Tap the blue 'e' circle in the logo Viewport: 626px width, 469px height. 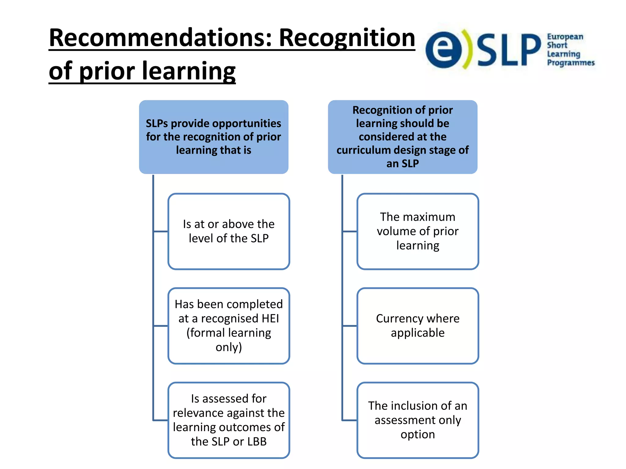(x=444, y=50)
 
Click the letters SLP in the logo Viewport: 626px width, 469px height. (x=508, y=50)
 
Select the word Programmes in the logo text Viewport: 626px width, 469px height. (x=571, y=63)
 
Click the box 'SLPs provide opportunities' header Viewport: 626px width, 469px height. (x=213, y=137)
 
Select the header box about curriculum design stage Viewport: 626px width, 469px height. (x=402, y=137)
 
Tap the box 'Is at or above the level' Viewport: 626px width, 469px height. (x=229, y=231)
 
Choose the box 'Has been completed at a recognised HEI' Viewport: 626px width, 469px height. (x=229, y=325)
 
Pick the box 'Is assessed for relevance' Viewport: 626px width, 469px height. (x=229, y=420)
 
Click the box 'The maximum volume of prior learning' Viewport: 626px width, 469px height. (x=418, y=231)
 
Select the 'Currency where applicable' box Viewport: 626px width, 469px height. (x=418, y=325)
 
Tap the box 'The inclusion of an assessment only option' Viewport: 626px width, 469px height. (x=418, y=420)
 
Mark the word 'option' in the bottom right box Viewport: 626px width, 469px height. (x=418, y=434)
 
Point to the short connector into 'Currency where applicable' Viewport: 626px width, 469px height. (x=349, y=326)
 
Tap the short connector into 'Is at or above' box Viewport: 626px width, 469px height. (x=160, y=231)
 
